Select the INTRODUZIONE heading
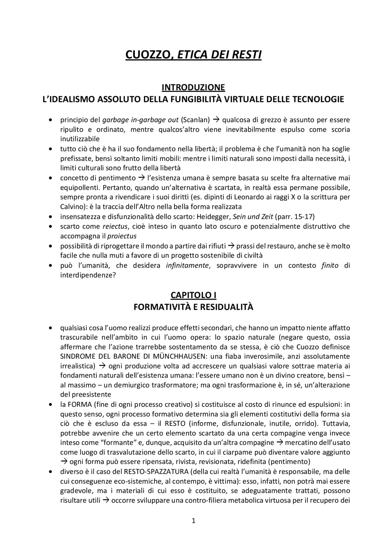(x=193, y=87)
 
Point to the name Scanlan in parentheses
(x=195, y=120)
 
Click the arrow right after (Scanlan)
(x=216, y=120)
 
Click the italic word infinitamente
(x=187, y=265)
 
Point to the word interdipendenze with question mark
(x=88, y=275)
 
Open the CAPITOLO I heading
(x=193, y=295)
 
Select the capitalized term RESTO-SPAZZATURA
(x=156, y=471)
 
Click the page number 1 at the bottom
(x=193, y=521)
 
